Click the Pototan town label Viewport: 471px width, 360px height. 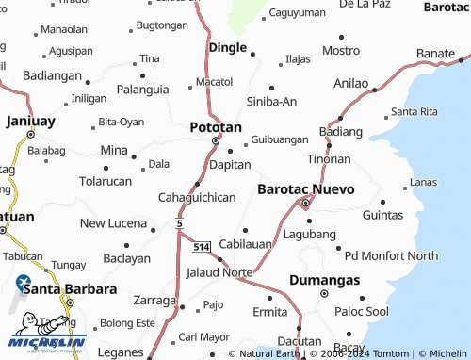[216, 126]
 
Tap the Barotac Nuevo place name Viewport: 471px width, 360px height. [306, 188]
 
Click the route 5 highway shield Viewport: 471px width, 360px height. [178, 222]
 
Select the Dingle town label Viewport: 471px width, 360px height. [228, 47]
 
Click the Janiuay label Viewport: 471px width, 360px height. [31, 121]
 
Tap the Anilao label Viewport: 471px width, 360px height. [352, 83]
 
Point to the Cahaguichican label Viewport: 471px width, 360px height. [196, 198]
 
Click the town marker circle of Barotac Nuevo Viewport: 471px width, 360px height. [305, 203]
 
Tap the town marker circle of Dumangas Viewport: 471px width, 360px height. [323, 293]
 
